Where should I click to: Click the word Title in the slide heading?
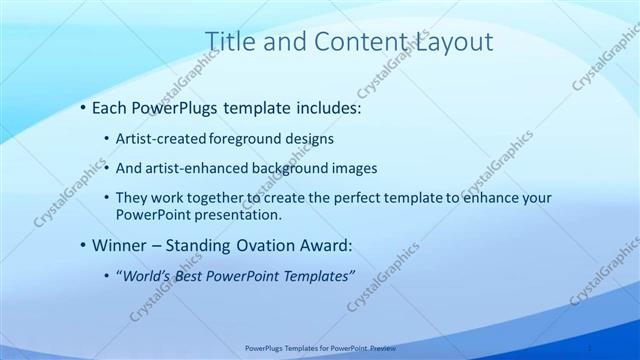coord(228,42)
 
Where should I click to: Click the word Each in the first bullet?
coord(109,108)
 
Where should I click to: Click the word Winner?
coord(119,246)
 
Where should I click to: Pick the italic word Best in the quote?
coord(196,277)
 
